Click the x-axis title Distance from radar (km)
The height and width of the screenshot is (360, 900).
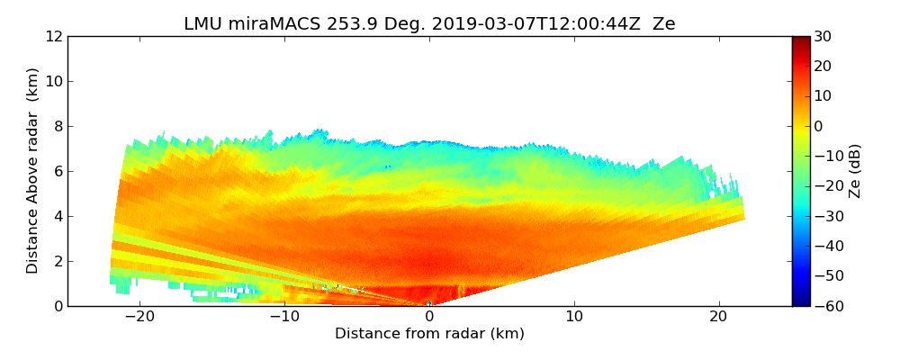[429, 334]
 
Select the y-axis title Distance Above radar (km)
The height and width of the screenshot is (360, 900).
[33, 170]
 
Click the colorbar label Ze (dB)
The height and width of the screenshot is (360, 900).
[855, 171]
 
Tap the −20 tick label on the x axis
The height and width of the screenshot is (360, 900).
[139, 318]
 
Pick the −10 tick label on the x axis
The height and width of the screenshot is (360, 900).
[284, 318]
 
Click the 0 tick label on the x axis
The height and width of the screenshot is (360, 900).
[429, 318]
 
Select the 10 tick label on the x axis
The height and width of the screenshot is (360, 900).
[574, 318]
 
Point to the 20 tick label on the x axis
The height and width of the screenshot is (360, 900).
[718, 318]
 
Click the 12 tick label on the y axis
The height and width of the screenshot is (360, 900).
[53, 37]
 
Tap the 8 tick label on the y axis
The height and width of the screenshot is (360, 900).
[58, 127]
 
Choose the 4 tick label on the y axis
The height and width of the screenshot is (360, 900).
[58, 217]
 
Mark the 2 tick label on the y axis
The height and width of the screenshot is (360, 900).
[58, 262]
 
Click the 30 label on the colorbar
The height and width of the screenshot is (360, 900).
[823, 37]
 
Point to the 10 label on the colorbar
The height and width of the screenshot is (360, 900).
[823, 96]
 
